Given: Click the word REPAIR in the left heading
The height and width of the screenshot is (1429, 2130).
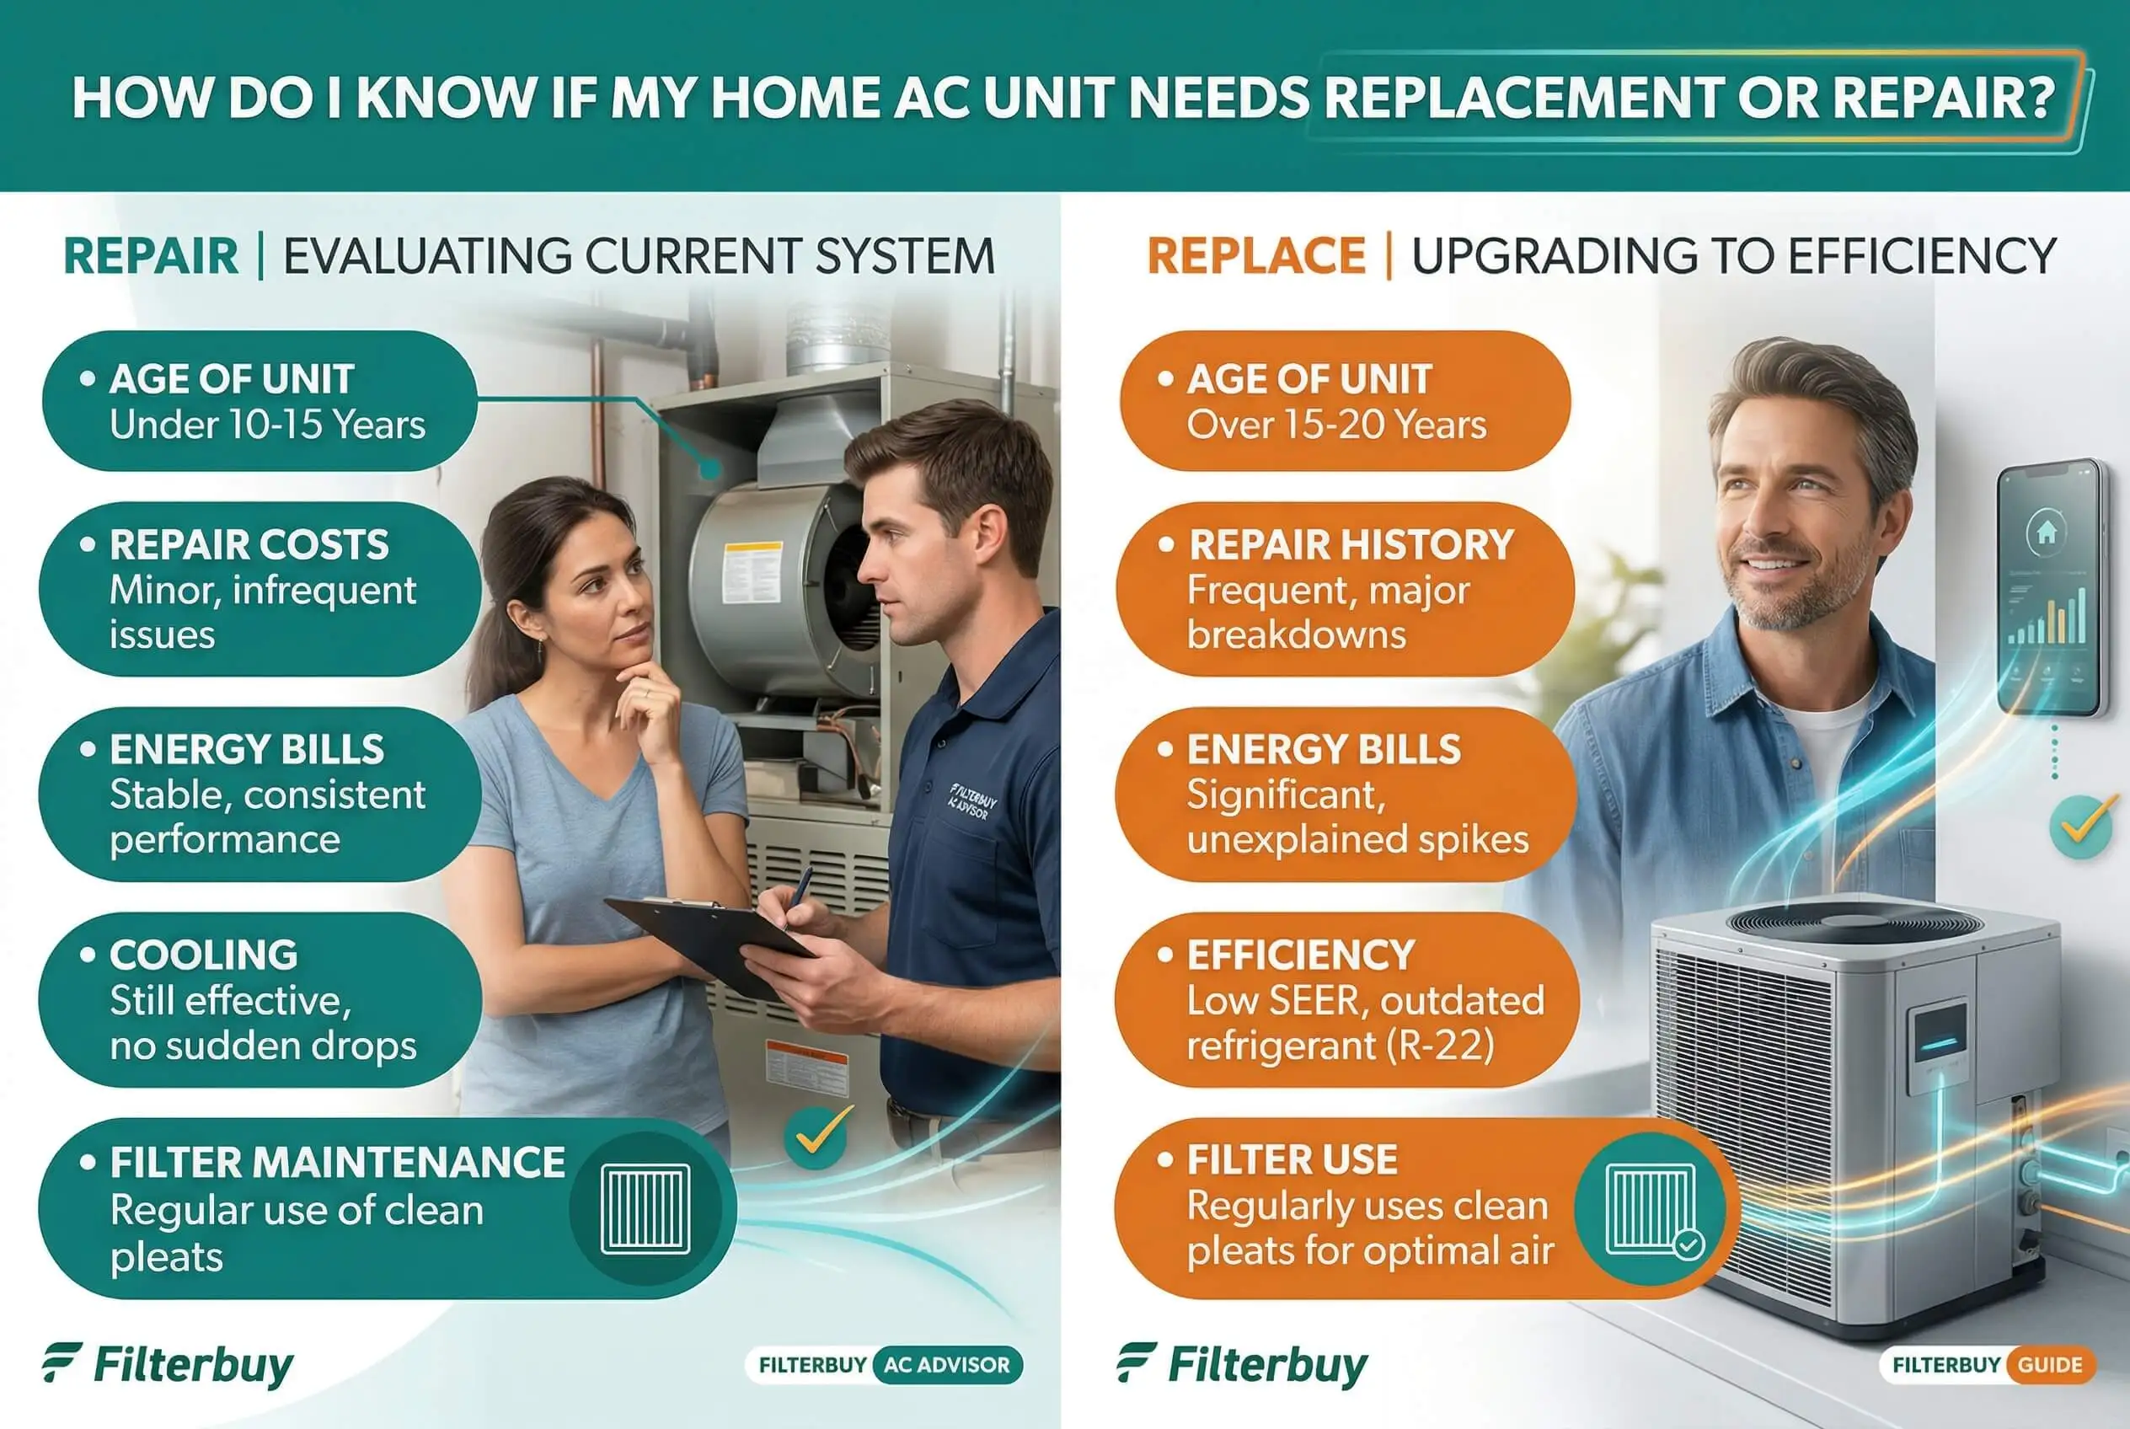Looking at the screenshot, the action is pos(150,256).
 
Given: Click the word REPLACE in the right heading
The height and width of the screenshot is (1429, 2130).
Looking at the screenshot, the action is pos(1256,256).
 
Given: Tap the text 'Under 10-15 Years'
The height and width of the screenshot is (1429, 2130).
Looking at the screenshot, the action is pos(267,425).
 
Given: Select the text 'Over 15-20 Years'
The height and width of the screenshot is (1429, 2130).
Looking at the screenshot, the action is pos(1336,425).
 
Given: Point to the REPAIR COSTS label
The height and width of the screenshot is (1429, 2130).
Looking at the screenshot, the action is pos(249,545).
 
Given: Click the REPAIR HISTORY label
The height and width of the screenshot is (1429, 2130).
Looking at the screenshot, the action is pos(1351,545).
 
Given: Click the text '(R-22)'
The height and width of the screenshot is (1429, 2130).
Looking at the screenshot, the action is pos(1441,1046).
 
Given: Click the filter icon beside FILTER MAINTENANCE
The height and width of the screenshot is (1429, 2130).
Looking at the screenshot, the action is pos(645,1208).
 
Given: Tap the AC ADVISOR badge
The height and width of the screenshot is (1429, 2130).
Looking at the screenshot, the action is pos(947,1364).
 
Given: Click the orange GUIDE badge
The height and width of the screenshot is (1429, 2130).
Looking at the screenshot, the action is pos(2050,1364).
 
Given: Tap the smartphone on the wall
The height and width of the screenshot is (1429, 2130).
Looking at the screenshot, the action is pos(2052,588).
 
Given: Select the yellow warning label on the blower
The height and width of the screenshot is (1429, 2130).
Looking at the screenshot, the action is pos(752,572).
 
